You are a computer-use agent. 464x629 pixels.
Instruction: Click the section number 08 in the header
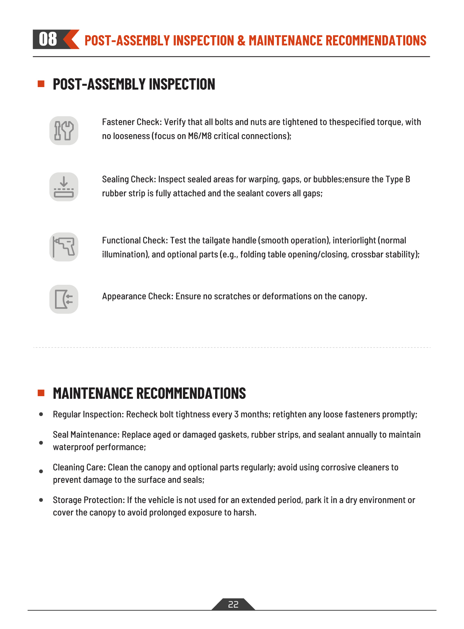coord(48,39)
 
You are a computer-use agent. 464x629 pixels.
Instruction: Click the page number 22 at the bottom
coord(233,604)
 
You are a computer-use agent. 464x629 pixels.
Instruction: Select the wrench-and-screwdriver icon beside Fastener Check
coord(64,130)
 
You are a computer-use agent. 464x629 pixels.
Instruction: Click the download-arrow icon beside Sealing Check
coord(64,186)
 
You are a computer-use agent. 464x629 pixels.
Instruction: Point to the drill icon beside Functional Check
coord(64,247)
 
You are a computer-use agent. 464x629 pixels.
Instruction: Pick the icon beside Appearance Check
coord(64,299)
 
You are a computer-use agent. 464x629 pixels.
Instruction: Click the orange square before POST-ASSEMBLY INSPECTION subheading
coord(41,84)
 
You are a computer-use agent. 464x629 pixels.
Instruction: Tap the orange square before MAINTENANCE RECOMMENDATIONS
coord(41,393)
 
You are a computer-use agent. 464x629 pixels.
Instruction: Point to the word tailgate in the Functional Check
coord(216,240)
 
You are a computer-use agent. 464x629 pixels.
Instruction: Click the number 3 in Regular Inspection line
coord(236,414)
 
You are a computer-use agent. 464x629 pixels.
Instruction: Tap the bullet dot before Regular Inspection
coord(41,414)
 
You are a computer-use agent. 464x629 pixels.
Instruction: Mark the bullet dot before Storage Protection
coord(41,500)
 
